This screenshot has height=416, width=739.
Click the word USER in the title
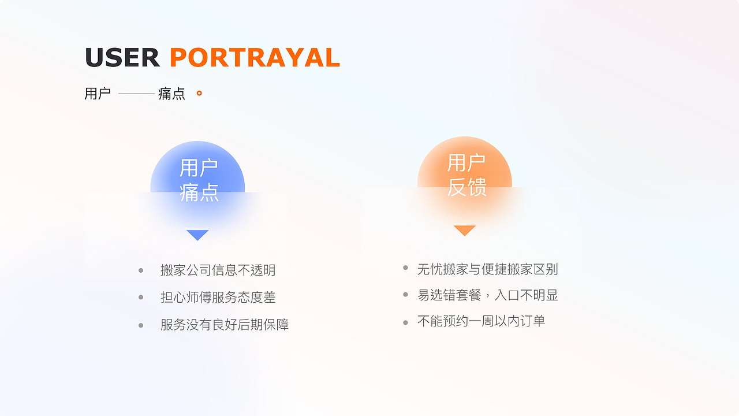coord(122,58)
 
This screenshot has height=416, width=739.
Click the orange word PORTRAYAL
coord(255,58)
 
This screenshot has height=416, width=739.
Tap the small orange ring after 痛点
coord(199,93)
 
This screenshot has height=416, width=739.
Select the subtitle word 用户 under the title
coord(98,94)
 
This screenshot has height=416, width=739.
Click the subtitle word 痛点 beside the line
coord(171,94)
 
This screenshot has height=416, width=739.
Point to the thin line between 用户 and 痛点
coord(137,94)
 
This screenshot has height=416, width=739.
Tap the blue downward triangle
coord(197,235)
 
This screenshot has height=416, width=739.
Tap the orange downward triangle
coord(464,230)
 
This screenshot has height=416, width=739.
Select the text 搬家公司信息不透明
coord(218,270)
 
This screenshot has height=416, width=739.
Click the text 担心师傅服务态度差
coord(218,298)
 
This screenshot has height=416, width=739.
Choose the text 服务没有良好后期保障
coord(225,325)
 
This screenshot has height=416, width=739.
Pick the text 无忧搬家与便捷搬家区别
coord(487,269)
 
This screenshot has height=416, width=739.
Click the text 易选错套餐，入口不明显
coord(487,295)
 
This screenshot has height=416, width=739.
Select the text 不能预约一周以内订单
coord(481,321)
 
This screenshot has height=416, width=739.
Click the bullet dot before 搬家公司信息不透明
coord(141,270)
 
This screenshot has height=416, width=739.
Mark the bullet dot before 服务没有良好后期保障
coord(141,325)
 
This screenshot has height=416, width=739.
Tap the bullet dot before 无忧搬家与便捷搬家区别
coord(405,268)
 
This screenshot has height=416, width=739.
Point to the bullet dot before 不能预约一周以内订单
coord(405,322)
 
